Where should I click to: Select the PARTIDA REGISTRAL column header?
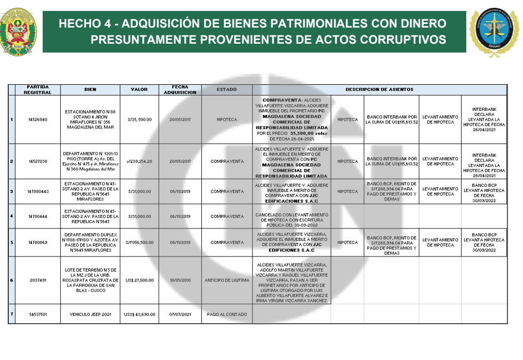click(37, 89)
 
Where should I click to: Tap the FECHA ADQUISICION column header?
click(180, 89)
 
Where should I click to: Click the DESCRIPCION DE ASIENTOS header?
click(379, 89)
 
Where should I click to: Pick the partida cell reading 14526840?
click(37, 119)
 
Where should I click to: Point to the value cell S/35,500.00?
click(140, 119)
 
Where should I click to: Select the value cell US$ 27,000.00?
click(140, 280)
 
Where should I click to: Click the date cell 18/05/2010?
click(180, 280)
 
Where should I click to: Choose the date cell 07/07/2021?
click(180, 314)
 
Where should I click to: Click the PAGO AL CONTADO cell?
click(226, 314)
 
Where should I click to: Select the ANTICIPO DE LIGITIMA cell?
click(226, 280)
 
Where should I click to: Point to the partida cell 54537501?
click(37, 314)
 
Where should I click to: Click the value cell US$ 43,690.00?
click(140, 314)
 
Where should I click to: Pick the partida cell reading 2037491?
click(37, 280)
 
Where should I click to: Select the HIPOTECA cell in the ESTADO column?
click(226, 119)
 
